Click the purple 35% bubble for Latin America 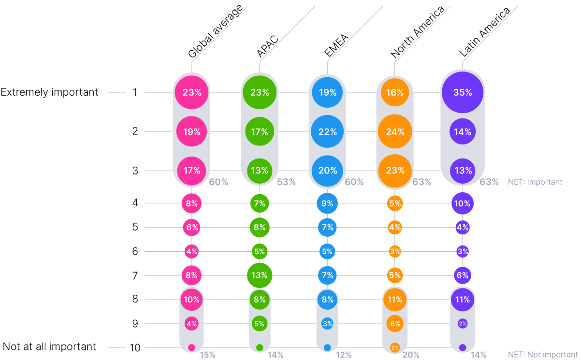coord(463,92)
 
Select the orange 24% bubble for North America coord(395,131)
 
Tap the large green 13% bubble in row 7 coord(260,275)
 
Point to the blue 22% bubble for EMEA coord(327,131)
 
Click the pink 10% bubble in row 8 coord(192,300)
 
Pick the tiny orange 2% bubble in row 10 coord(395,347)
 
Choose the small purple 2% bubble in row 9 coord(463,323)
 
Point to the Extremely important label coord(49,92)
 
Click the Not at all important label coord(49,346)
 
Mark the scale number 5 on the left coord(135,227)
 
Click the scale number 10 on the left coord(135,347)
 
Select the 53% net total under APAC coord(286,182)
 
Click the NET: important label coord(535,182)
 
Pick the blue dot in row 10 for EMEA coord(327,347)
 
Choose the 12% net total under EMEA coord(343,355)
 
